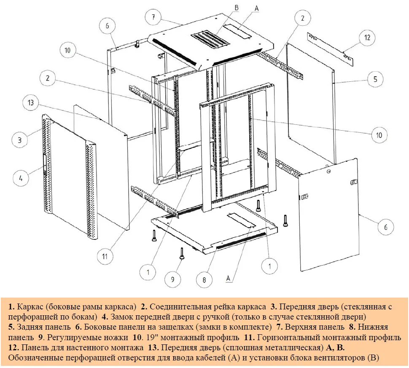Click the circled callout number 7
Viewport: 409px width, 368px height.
154,18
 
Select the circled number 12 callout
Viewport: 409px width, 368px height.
367,38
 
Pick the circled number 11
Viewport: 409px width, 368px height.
105,255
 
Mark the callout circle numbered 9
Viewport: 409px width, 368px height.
172,279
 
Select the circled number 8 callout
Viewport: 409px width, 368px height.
204,279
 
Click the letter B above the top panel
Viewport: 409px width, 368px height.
236,8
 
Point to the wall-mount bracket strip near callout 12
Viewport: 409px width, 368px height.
331,50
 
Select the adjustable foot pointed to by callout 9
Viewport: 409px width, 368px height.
182,253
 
